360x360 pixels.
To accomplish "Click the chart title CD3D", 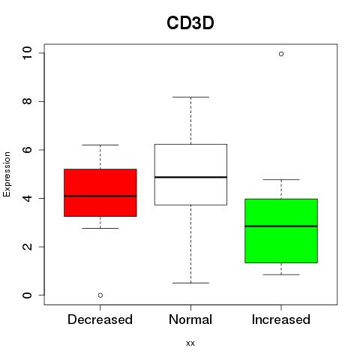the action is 190,23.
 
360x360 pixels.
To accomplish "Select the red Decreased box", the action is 100,193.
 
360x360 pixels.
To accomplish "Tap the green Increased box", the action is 281,231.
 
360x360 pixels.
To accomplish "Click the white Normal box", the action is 190,175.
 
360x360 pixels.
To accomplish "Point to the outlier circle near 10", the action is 281,54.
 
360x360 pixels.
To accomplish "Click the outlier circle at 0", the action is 100,295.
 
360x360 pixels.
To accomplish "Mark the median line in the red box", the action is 100,196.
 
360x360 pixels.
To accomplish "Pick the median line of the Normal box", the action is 190,177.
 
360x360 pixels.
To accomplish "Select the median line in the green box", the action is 281,226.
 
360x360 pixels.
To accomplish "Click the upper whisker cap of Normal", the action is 190,97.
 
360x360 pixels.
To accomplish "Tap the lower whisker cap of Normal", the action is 190,283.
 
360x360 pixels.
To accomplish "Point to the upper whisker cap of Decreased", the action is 100,145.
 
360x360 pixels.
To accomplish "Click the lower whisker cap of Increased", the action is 281,274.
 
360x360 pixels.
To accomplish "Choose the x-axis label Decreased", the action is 100,319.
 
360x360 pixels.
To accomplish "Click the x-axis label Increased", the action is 281,319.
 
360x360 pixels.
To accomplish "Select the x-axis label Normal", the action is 190,319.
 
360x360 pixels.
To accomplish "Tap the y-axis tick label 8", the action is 27,101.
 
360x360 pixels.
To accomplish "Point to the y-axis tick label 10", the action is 27,53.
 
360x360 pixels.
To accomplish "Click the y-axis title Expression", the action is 7,175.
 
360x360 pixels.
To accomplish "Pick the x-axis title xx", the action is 190,343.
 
